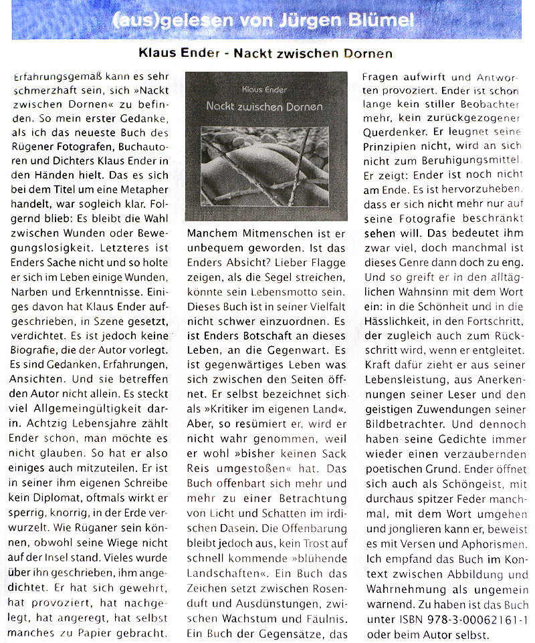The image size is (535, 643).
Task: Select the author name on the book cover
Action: tap(265, 88)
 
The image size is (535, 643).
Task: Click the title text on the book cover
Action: tap(264, 106)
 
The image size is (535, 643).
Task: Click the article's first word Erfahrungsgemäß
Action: tap(51, 78)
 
